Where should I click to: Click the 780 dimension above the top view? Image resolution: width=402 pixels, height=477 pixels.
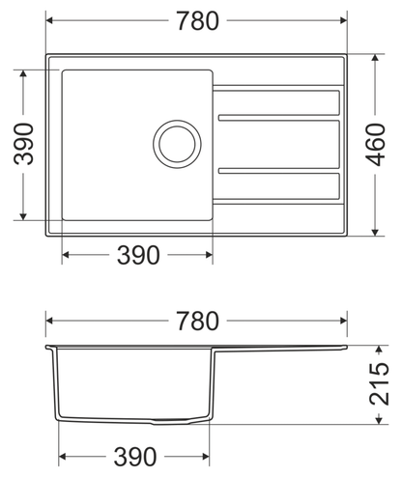[198, 21]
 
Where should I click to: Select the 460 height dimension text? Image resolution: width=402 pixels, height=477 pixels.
[377, 145]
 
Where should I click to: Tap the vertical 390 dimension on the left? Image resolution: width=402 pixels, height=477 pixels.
[23, 144]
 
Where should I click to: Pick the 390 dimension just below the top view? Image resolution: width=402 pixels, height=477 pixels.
[138, 255]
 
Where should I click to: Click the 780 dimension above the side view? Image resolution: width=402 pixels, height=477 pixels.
[198, 321]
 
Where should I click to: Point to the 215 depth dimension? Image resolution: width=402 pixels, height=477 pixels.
[380, 384]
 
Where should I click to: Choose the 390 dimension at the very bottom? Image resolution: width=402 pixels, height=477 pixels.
[135, 457]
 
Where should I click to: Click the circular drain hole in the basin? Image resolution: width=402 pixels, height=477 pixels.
[177, 144]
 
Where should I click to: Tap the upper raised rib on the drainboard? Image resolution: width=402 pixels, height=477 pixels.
[279, 118]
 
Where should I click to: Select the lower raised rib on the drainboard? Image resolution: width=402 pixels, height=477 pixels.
[279, 171]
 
